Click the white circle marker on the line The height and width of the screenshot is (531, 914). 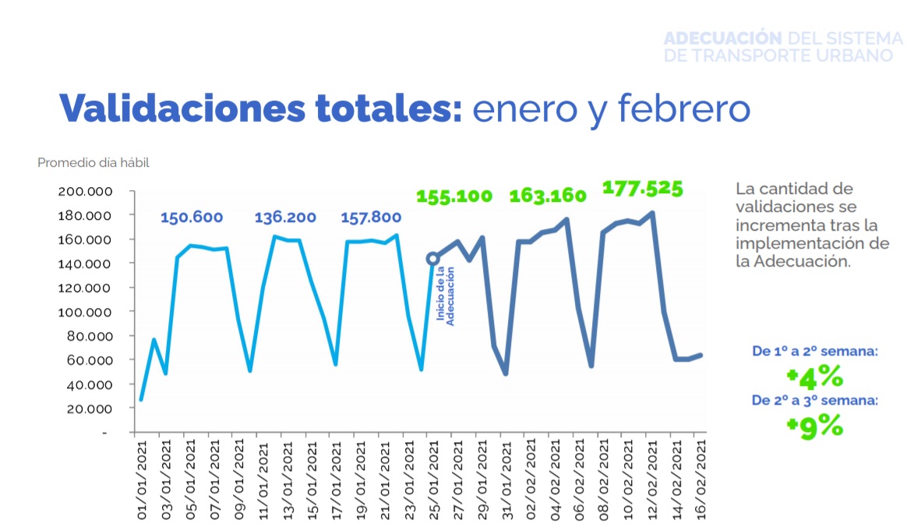tap(432, 259)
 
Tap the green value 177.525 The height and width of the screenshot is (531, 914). tap(643, 188)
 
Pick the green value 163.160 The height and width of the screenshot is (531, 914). tap(548, 196)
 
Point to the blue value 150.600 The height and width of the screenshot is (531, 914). tap(192, 218)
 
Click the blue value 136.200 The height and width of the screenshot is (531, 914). tap(286, 218)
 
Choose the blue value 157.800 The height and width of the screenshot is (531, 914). tap(371, 218)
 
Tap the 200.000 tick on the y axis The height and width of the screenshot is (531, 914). tap(86, 192)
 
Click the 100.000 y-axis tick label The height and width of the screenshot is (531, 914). tap(86, 312)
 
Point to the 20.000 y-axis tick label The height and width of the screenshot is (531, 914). tap(88, 409)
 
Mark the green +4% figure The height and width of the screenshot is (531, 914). tap(815, 377)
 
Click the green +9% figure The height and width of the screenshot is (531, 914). tap(815, 426)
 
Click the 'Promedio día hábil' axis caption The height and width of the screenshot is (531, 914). tap(93, 163)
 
